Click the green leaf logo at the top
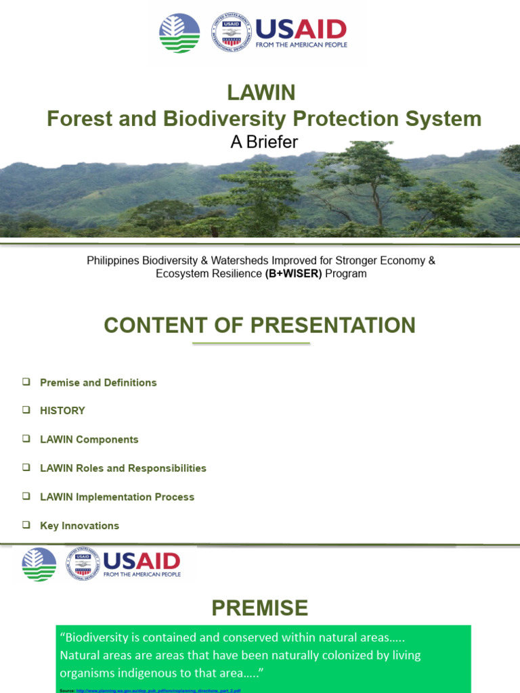[179, 33]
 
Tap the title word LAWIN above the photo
[261, 92]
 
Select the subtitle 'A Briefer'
[265, 142]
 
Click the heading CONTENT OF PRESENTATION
[259, 326]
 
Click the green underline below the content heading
[251, 344]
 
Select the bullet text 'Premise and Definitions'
[98, 382]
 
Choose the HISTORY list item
[62, 411]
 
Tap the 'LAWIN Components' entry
[89, 439]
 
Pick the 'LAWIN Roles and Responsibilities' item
[123, 468]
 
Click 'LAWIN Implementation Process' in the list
[116, 497]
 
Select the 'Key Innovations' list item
[79, 526]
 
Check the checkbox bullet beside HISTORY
[26, 410]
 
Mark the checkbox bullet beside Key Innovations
[26, 525]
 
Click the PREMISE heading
[259, 608]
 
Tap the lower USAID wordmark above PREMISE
[141, 560]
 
